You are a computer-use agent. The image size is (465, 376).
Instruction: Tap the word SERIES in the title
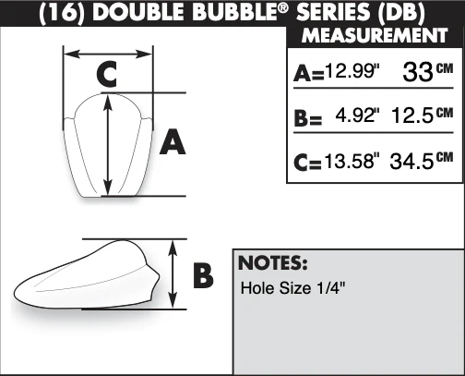point(333,12)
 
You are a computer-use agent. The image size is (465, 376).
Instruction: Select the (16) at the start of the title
point(62,13)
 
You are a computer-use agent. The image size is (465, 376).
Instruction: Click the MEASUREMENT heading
point(375,36)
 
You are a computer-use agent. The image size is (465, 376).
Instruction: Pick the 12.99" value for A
point(352,71)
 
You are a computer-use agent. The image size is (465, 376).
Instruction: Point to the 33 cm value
point(428,72)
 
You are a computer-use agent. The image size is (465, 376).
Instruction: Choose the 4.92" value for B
point(357,115)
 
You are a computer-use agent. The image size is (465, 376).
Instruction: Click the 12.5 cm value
point(423,115)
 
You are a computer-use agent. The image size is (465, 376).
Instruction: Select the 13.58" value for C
point(352,161)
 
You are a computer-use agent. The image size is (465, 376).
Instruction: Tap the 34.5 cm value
point(422,161)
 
